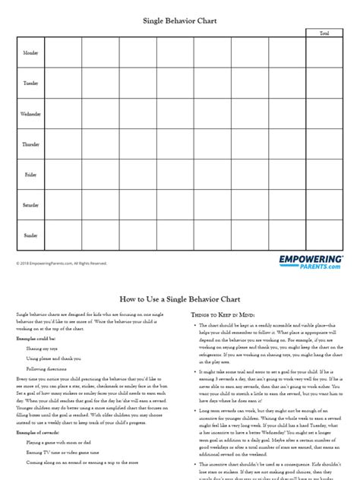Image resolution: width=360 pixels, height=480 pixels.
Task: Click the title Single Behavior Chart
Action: tap(180, 22)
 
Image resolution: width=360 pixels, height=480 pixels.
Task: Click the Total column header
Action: tap(324, 33)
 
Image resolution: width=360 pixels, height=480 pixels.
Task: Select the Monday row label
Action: tap(30, 53)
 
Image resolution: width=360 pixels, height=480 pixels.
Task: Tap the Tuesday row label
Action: tap(30, 84)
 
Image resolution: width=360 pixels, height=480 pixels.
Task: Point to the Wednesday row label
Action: tap(30, 114)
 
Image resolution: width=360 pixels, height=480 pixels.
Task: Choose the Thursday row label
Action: tap(30, 144)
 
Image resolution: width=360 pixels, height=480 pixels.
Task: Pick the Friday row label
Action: tap(30, 175)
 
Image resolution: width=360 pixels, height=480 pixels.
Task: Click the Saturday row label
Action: tap(30, 205)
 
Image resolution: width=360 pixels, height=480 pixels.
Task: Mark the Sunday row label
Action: tap(30, 235)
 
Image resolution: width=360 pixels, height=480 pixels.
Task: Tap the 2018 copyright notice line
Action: tap(62, 264)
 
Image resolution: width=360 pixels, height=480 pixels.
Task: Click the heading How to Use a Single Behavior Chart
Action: tap(180, 300)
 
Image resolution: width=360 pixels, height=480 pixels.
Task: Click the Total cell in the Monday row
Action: tap(324, 53)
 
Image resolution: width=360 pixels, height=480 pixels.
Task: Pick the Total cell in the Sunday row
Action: tap(324, 235)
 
